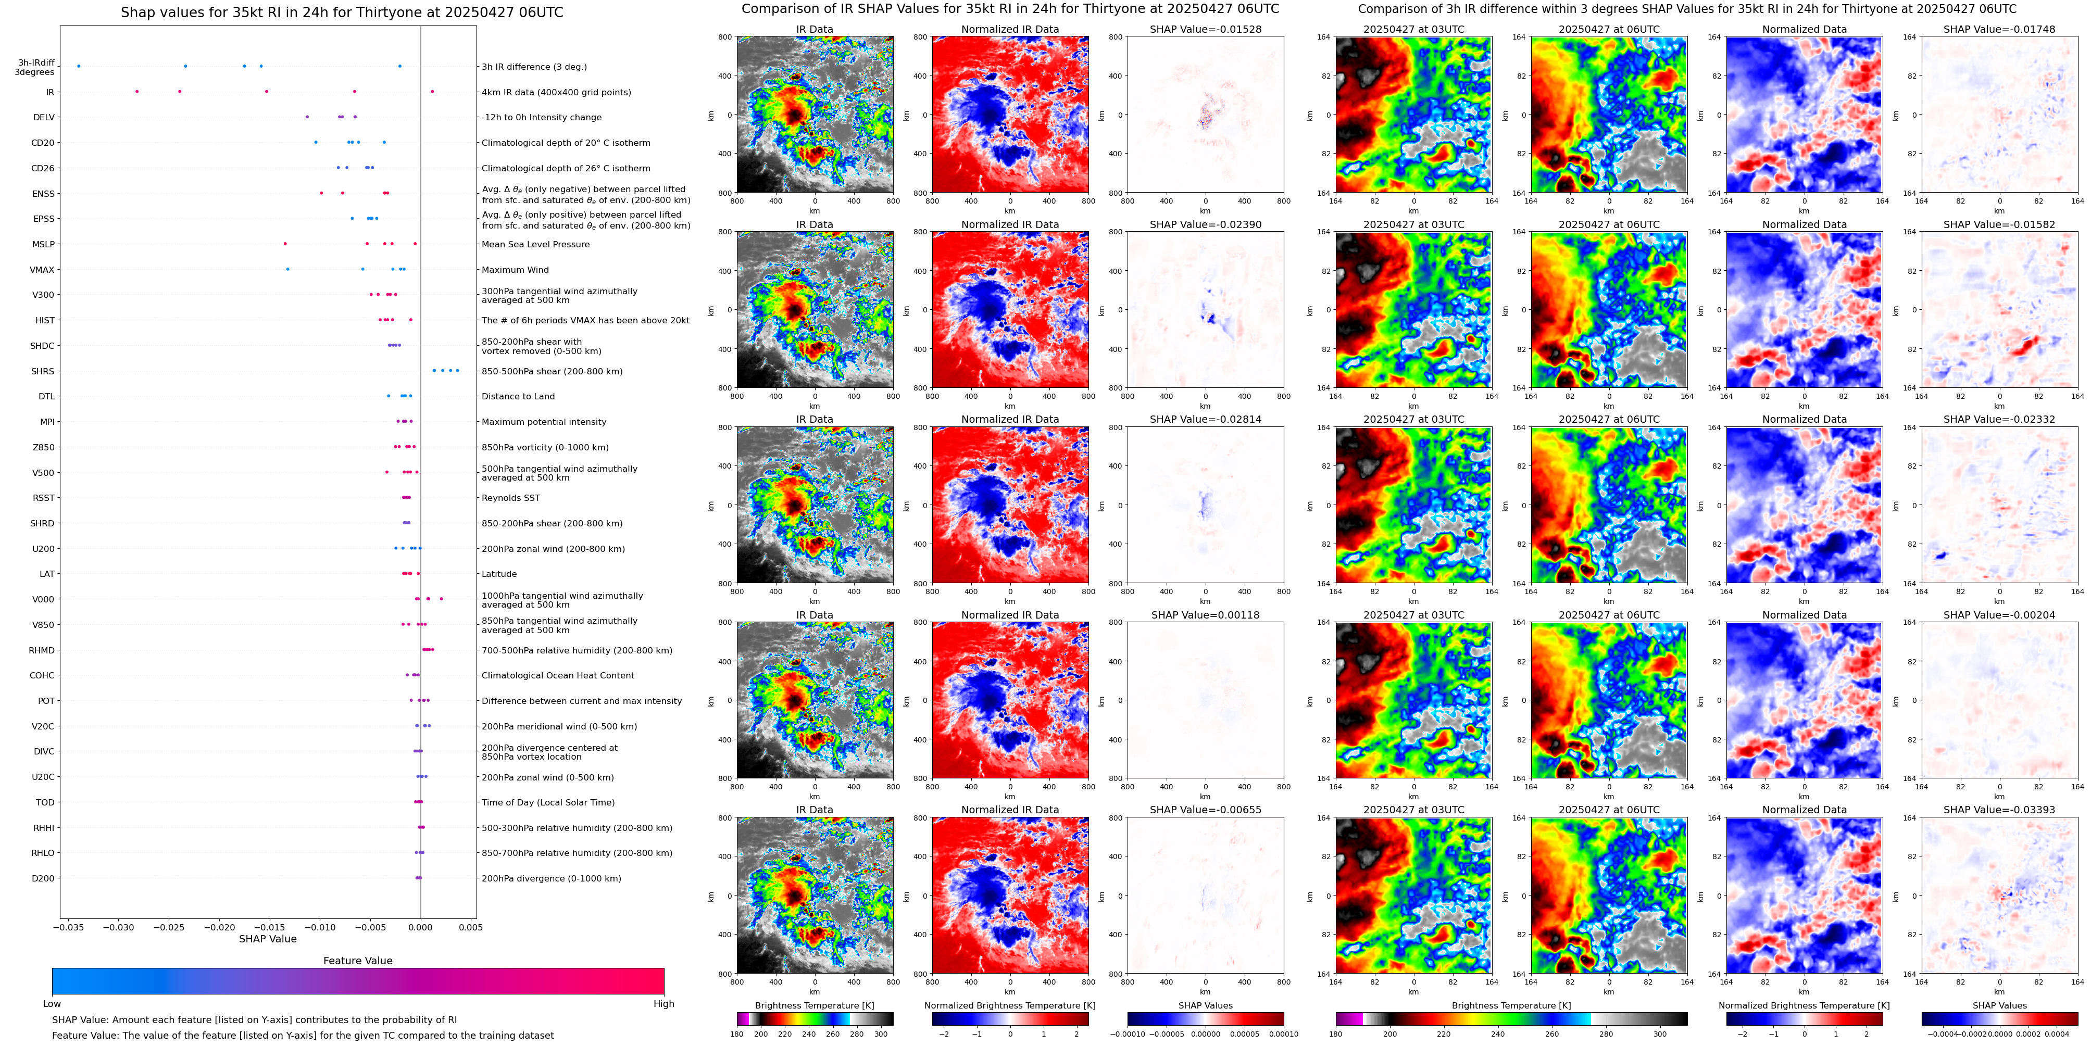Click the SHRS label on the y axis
(43, 372)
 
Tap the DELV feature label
(44, 118)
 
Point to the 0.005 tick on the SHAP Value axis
(471, 927)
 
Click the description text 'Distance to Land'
(518, 397)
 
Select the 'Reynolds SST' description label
(510, 498)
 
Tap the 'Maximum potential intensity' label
(544, 422)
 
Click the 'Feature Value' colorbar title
(358, 961)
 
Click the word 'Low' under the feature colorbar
(52, 1004)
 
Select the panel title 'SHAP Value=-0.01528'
(1206, 29)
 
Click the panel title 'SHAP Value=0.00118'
(1206, 615)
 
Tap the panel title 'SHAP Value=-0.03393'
(1999, 810)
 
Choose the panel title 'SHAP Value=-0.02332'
(1999, 420)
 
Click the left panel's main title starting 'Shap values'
(342, 12)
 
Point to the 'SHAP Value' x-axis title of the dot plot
(268, 939)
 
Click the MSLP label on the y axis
(44, 244)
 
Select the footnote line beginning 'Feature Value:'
(303, 1036)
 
